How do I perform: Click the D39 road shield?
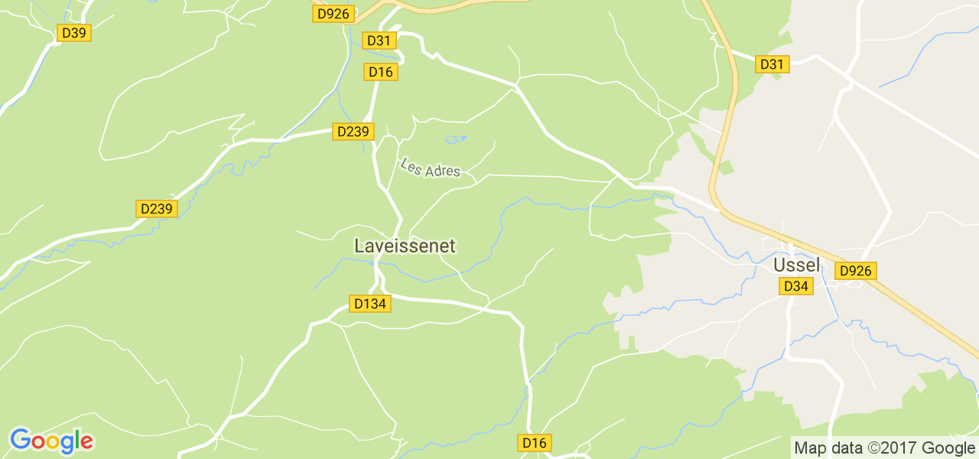pyautogui.click(x=74, y=33)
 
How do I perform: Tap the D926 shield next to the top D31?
pyautogui.click(x=333, y=13)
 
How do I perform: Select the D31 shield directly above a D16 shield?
pyautogui.click(x=379, y=41)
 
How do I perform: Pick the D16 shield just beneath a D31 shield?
pyautogui.click(x=380, y=72)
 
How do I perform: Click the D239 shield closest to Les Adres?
pyautogui.click(x=353, y=132)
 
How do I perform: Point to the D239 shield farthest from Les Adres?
pyautogui.click(x=157, y=209)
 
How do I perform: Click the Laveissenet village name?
pyautogui.click(x=405, y=246)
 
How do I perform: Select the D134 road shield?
pyautogui.click(x=370, y=304)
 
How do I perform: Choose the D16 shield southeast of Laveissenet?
pyautogui.click(x=535, y=443)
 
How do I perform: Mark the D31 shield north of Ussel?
pyautogui.click(x=772, y=64)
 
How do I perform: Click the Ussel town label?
pyautogui.click(x=796, y=265)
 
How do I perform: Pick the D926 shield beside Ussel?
pyautogui.click(x=856, y=271)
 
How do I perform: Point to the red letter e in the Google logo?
pyautogui.click(x=86, y=441)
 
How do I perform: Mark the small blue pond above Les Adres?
pyautogui.click(x=455, y=139)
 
